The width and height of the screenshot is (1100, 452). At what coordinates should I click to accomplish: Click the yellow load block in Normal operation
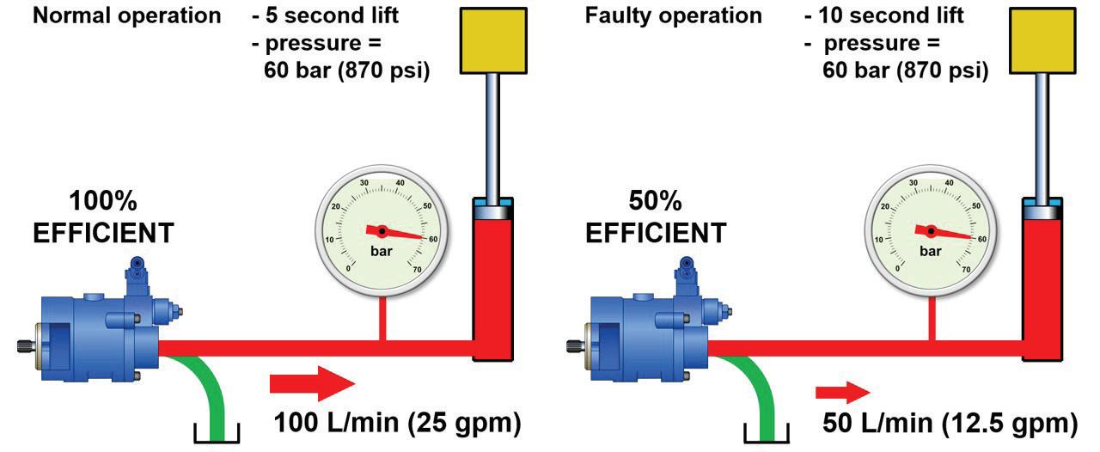[x=494, y=40]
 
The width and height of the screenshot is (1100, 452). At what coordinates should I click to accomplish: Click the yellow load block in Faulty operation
[x=1044, y=40]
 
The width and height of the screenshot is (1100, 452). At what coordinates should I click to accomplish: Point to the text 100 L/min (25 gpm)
[x=397, y=423]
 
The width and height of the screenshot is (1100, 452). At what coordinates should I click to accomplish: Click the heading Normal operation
[x=126, y=15]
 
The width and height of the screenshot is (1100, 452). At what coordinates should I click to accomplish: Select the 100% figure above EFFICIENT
[x=103, y=203]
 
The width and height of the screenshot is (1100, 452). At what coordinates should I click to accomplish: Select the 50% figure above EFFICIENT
[x=656, y=203]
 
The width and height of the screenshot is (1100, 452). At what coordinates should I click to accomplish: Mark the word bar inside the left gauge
[x=382, y=252]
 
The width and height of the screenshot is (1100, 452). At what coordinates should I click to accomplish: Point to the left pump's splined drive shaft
[x=23, y=346]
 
